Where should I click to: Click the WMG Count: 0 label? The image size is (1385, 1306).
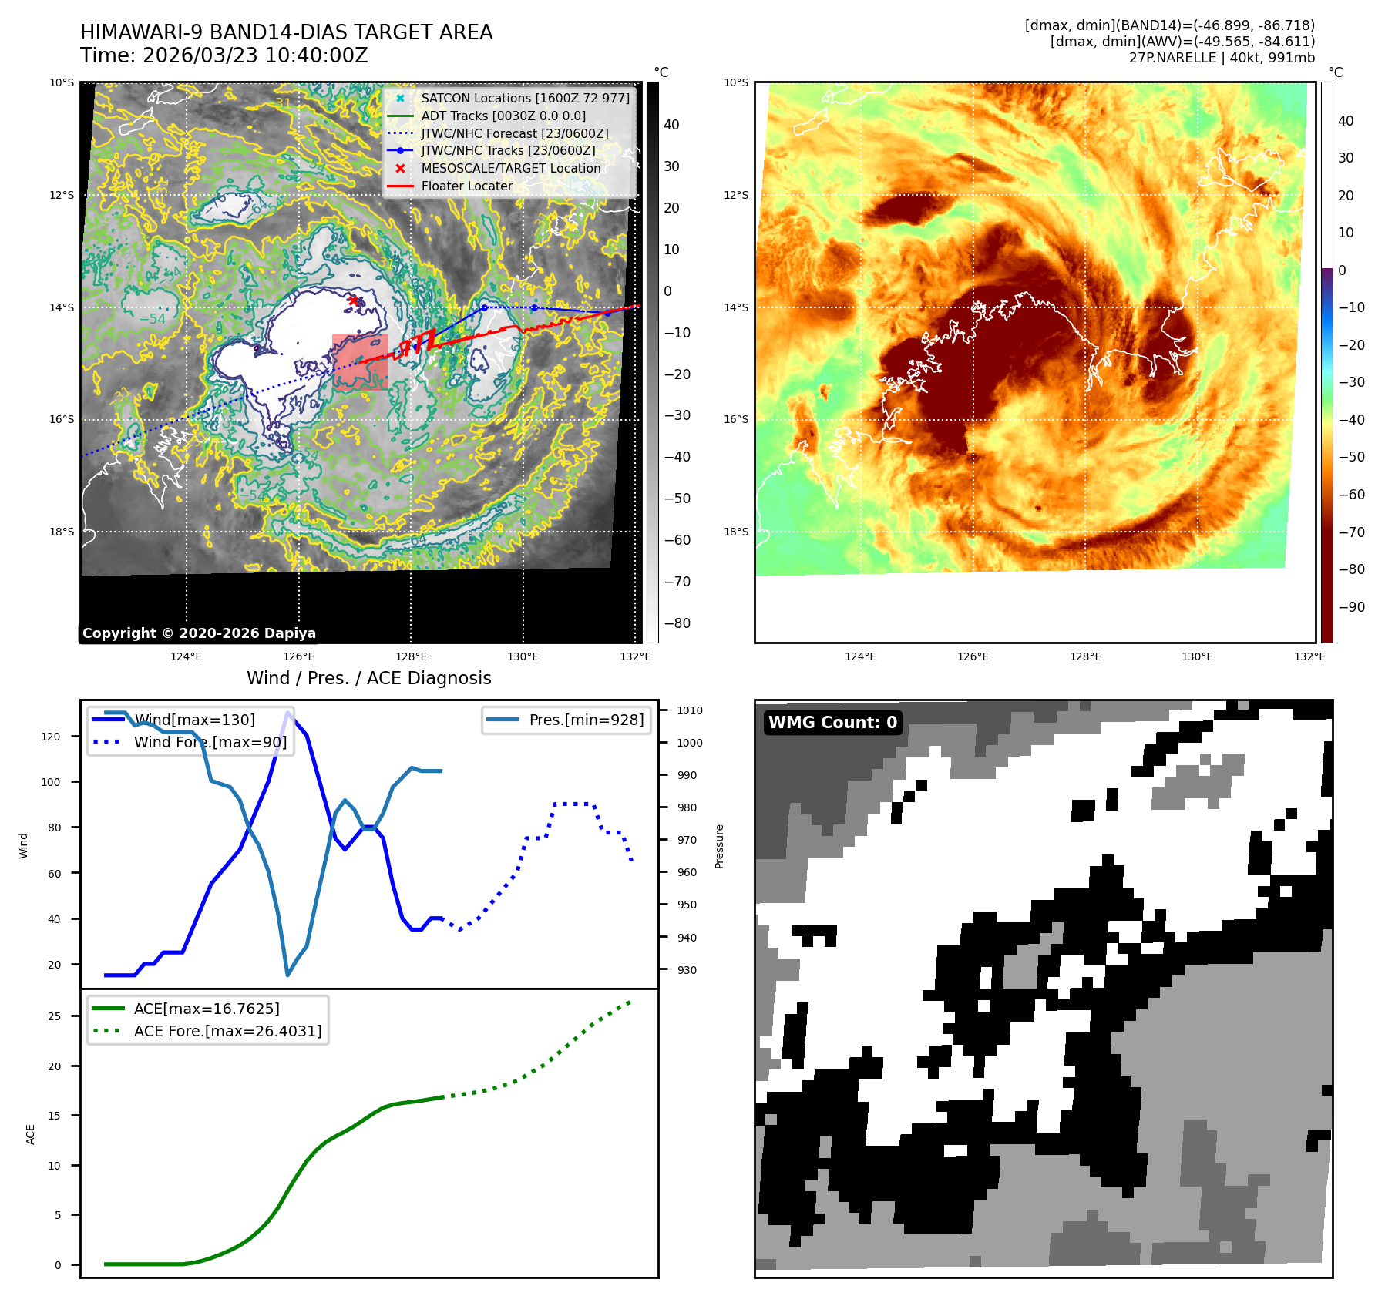[x=832, y=723]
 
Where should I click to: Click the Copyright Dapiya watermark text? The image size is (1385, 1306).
[x=199, y=633]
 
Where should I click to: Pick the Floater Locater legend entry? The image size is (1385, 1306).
[x=466, y=186]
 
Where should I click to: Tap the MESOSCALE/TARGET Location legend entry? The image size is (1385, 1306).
[x=510, y=169]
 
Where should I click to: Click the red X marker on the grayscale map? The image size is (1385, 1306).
[x=353, y=300]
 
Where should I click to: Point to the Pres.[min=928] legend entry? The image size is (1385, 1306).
[x=586, y=720]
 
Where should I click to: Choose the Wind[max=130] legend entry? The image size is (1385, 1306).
[x=194, y=720]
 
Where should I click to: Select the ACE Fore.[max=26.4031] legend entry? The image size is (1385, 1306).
[x=227, y=1031]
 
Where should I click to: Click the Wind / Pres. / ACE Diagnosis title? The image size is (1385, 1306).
[x=368, y=679]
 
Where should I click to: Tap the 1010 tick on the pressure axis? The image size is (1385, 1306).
[x=690, y=711]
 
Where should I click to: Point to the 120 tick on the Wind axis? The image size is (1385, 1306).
[x=50, y=737]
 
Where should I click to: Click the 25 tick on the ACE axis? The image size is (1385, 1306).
[x=54, y=1017]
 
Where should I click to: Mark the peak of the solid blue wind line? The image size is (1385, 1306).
[x=288, y=713]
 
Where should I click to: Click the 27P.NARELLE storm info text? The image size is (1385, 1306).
[x=1222, y=58]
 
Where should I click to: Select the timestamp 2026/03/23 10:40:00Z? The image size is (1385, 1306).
[x=255, y=56]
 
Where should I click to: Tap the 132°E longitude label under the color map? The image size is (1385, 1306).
[x=1309, y=657]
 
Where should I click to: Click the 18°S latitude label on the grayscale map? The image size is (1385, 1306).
[x=62, y=532]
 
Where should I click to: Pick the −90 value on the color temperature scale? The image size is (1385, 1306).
[x=1351, y=607]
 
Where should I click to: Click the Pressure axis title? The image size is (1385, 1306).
[x=720, y=846]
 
